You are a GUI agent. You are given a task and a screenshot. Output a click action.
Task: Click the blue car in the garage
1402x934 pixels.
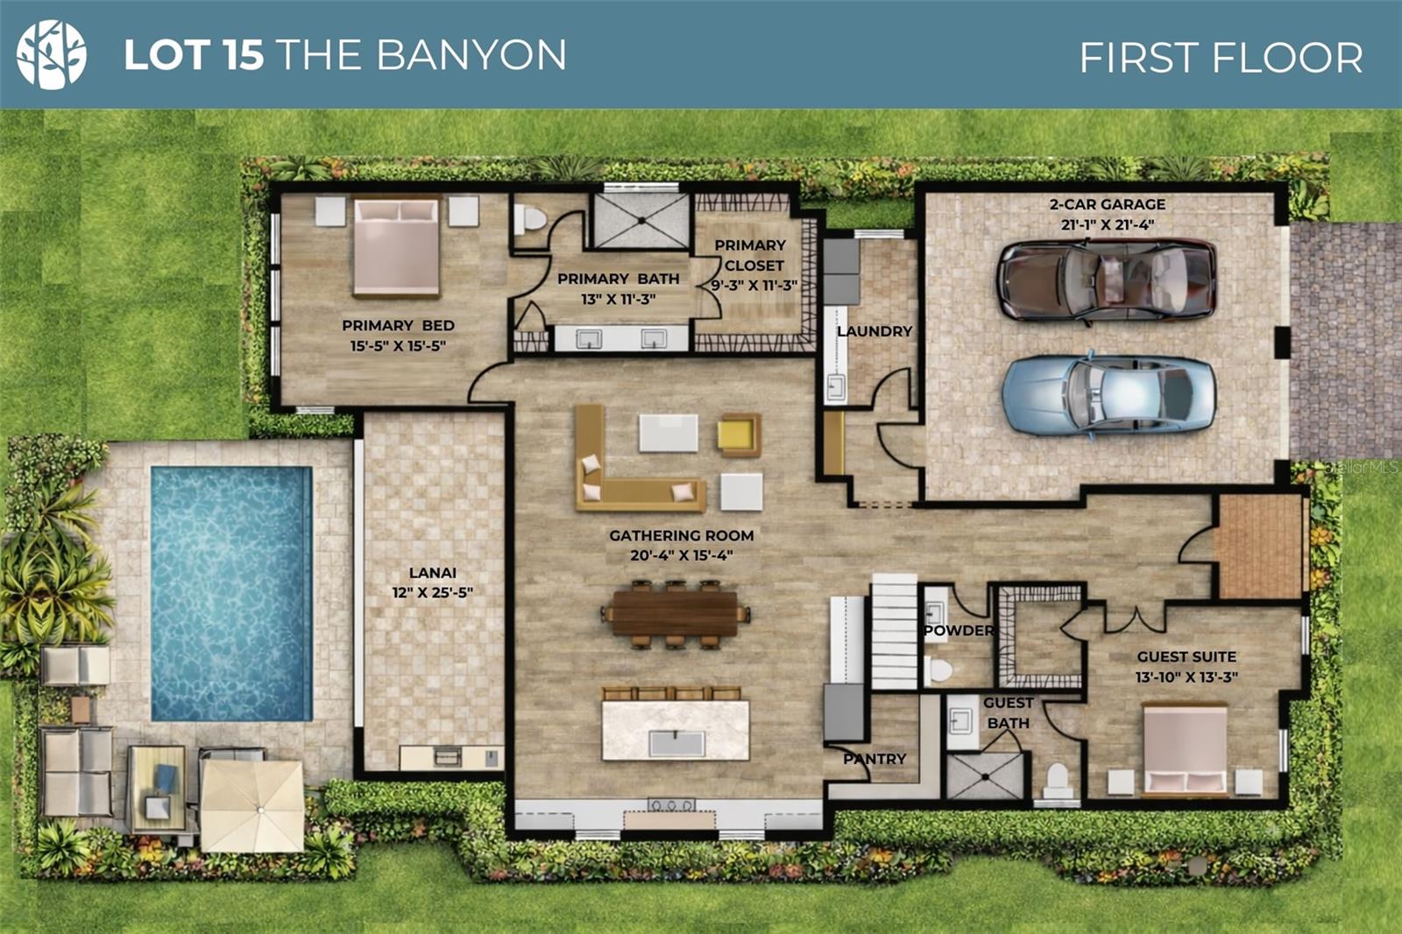pyautogui.click(x=1108, y=395)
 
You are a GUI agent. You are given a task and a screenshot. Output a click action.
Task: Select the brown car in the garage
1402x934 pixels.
pyautogui.click(x=1106, y=280)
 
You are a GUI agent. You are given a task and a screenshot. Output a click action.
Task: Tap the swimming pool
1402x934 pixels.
pyautogui.click(x=230, y=593)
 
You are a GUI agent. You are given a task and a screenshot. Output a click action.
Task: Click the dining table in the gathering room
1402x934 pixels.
pyautogui.click(x=675, y=612)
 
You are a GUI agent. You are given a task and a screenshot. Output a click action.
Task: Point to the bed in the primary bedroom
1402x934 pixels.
pyautogui.click(x=396, y=247)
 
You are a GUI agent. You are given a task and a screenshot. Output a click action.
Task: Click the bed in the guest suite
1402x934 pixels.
pyautogui.click(x=1185, y=750)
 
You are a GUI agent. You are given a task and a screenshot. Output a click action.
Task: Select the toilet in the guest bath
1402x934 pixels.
pyautogui.click(x=1058, y=780)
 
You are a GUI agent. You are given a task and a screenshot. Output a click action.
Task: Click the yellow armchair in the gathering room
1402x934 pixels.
pyautogui.click(x=738, y=434)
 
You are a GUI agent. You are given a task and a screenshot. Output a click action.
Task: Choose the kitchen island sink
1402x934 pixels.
pyautogui.click(x=676, y=743)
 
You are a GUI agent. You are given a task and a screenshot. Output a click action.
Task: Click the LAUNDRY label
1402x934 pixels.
pyautogui.click(x=874, y=331)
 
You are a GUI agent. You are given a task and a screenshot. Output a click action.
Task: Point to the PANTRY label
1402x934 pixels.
pyautogui.click(x=874, y=759)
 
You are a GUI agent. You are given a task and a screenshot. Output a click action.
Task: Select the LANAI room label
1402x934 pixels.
pyautogui.click(x=432, y=573)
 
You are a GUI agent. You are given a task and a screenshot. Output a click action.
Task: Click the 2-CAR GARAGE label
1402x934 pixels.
pyautogui.click(x=1108, y=204)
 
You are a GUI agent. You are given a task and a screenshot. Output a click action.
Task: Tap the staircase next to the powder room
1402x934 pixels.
pyautogui.click(x=894, y=631)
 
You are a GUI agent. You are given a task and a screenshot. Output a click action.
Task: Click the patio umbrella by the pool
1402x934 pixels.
pyautogui.click(x=252, y=804)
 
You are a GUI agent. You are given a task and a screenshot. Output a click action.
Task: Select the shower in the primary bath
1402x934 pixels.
pyautogui.click(x=641, y=220)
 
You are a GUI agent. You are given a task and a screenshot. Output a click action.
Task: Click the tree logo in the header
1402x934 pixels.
pyautogui.click(x=52, y=54)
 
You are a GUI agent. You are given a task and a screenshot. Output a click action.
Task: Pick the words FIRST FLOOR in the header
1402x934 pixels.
pyautogui.click(x=1221, y=58)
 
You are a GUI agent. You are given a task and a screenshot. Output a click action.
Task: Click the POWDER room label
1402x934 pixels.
pyautogui.click(x=959, y=630)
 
